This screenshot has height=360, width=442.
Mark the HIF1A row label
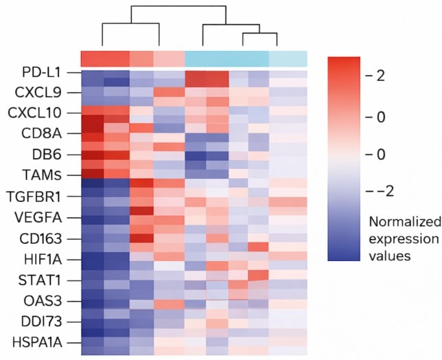(x=53, y=260)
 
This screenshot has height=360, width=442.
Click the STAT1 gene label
(x=53, y=282)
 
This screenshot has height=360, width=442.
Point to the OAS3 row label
(x=54, y=302)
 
